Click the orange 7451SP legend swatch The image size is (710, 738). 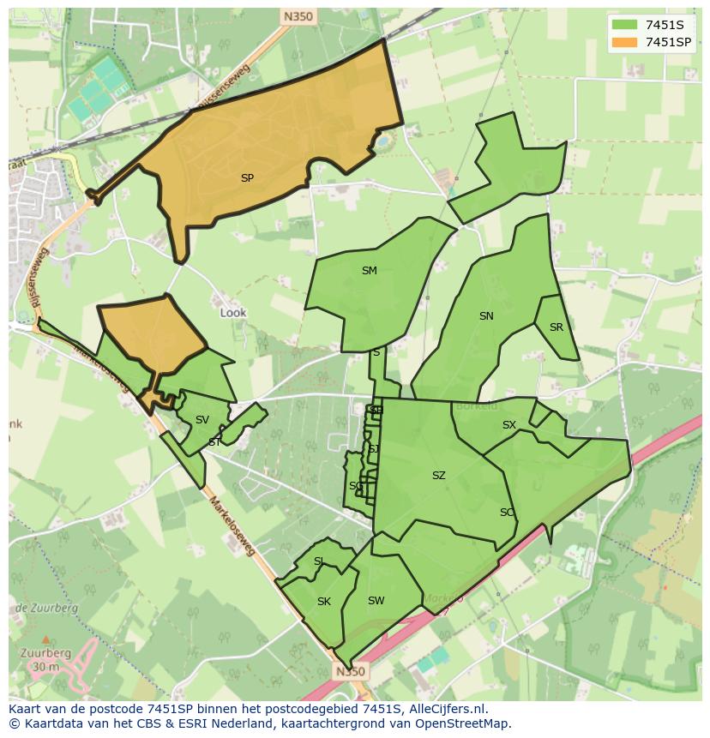pyautogui.click(x=624, y=41)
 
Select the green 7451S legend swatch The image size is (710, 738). pyautogui.click(x=624, y=24)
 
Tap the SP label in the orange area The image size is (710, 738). pyautogui.click(x=247, y=178)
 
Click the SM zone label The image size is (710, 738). pyautogui.click(x=369, y=271)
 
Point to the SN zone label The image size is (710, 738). pyautogui.click(x=486, y=316)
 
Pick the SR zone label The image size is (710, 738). pyautogui.click(x=557, y=327)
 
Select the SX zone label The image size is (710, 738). pyautogui.click(x=509, y=425)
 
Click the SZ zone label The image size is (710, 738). pyautogui.click(x=439, y=476)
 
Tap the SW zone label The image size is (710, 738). pyautogui.click(x=376, y=601)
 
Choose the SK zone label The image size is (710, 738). pyautogui.click(x=323, y=602)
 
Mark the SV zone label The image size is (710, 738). pyautogui.click(x=202, y=420)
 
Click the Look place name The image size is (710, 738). pyautogui.click(x=233, y=313)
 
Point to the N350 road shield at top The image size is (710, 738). pyautogui.click(x=296, y=15)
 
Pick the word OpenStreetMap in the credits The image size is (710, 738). pyautogui.click(x=466, y=723)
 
